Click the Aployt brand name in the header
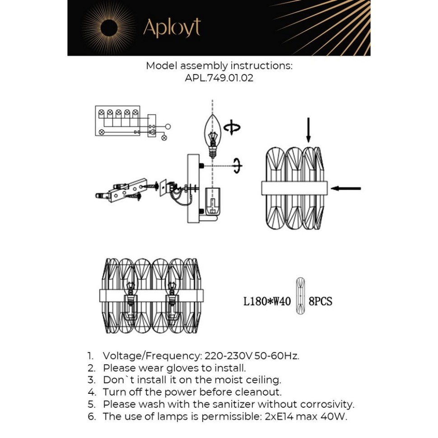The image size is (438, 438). tap(172, 28)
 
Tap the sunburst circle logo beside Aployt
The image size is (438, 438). tap(109, 28)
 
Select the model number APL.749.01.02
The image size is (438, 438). tap(219, 78)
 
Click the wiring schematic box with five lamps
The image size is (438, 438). tap(118, 121)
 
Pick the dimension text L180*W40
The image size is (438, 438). tap(267, 301)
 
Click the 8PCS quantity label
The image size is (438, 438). tap(321, 301)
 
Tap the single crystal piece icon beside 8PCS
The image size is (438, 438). tap(300, 296)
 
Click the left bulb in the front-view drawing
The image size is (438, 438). tap(130, 291)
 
